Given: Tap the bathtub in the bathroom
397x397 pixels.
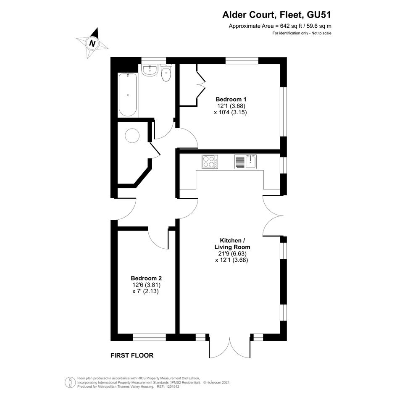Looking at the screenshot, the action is [128, 95].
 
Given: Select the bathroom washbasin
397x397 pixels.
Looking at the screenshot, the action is [150, 70].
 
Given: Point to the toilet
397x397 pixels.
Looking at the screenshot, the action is [166, 72].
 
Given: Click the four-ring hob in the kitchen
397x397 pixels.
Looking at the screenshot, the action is [210, 162].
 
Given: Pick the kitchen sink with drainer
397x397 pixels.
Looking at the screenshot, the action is [246, 162].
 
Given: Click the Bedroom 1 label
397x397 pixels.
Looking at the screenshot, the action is [231, 99].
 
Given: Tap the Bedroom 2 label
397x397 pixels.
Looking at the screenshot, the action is [146, 278].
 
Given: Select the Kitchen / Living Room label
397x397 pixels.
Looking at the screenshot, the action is [232, 244].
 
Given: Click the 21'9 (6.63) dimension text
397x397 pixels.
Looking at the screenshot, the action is [230, 253].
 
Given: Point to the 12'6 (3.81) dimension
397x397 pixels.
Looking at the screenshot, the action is [146, 284].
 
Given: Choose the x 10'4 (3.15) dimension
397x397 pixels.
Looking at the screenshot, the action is [230, 112].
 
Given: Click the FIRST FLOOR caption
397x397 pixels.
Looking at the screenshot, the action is [132, 355].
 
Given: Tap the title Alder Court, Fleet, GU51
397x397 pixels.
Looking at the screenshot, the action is [277, 15].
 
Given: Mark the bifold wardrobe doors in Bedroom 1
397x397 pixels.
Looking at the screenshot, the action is [200, 84].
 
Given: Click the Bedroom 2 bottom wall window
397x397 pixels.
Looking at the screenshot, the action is [150, 337].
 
